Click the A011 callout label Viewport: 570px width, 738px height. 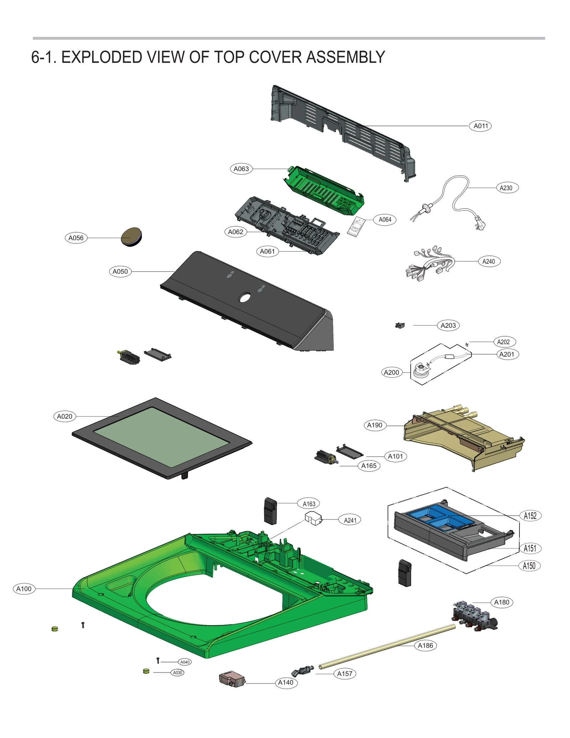pyautogui.click(x=480, y=126)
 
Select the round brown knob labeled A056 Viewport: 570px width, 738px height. pyautogui.click(x=131, y=237)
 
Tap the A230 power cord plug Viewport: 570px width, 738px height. pyautogui.click(x=479, y=225)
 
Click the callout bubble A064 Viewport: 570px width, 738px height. pyautogui.click(x=385, y=220)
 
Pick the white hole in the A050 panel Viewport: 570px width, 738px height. pyautogui.click(x=245, y=297)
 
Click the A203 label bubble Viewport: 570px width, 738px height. pyautogui.click(x=448, y=325)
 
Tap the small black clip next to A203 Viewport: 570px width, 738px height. pyautogui.click(x=400, y=325)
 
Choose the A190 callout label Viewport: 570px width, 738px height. pyautogui.click(x=374, y=425)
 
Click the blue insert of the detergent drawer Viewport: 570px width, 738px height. pyautogui.click(x=440, y=517)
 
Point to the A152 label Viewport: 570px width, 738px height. pyautogui.click(x=530, y=516)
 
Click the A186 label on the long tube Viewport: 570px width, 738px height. pyautogui.click(x=425, y=645)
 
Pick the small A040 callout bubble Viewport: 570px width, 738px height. pyautogui.click(x=185, y=662)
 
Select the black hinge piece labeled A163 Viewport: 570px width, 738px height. pyautogui.click(x=270, y=511)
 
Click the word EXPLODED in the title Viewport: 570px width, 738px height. pyautogui.click(x=102, y=57)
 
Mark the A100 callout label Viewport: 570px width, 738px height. pyautogui.click(x=24, y=589)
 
